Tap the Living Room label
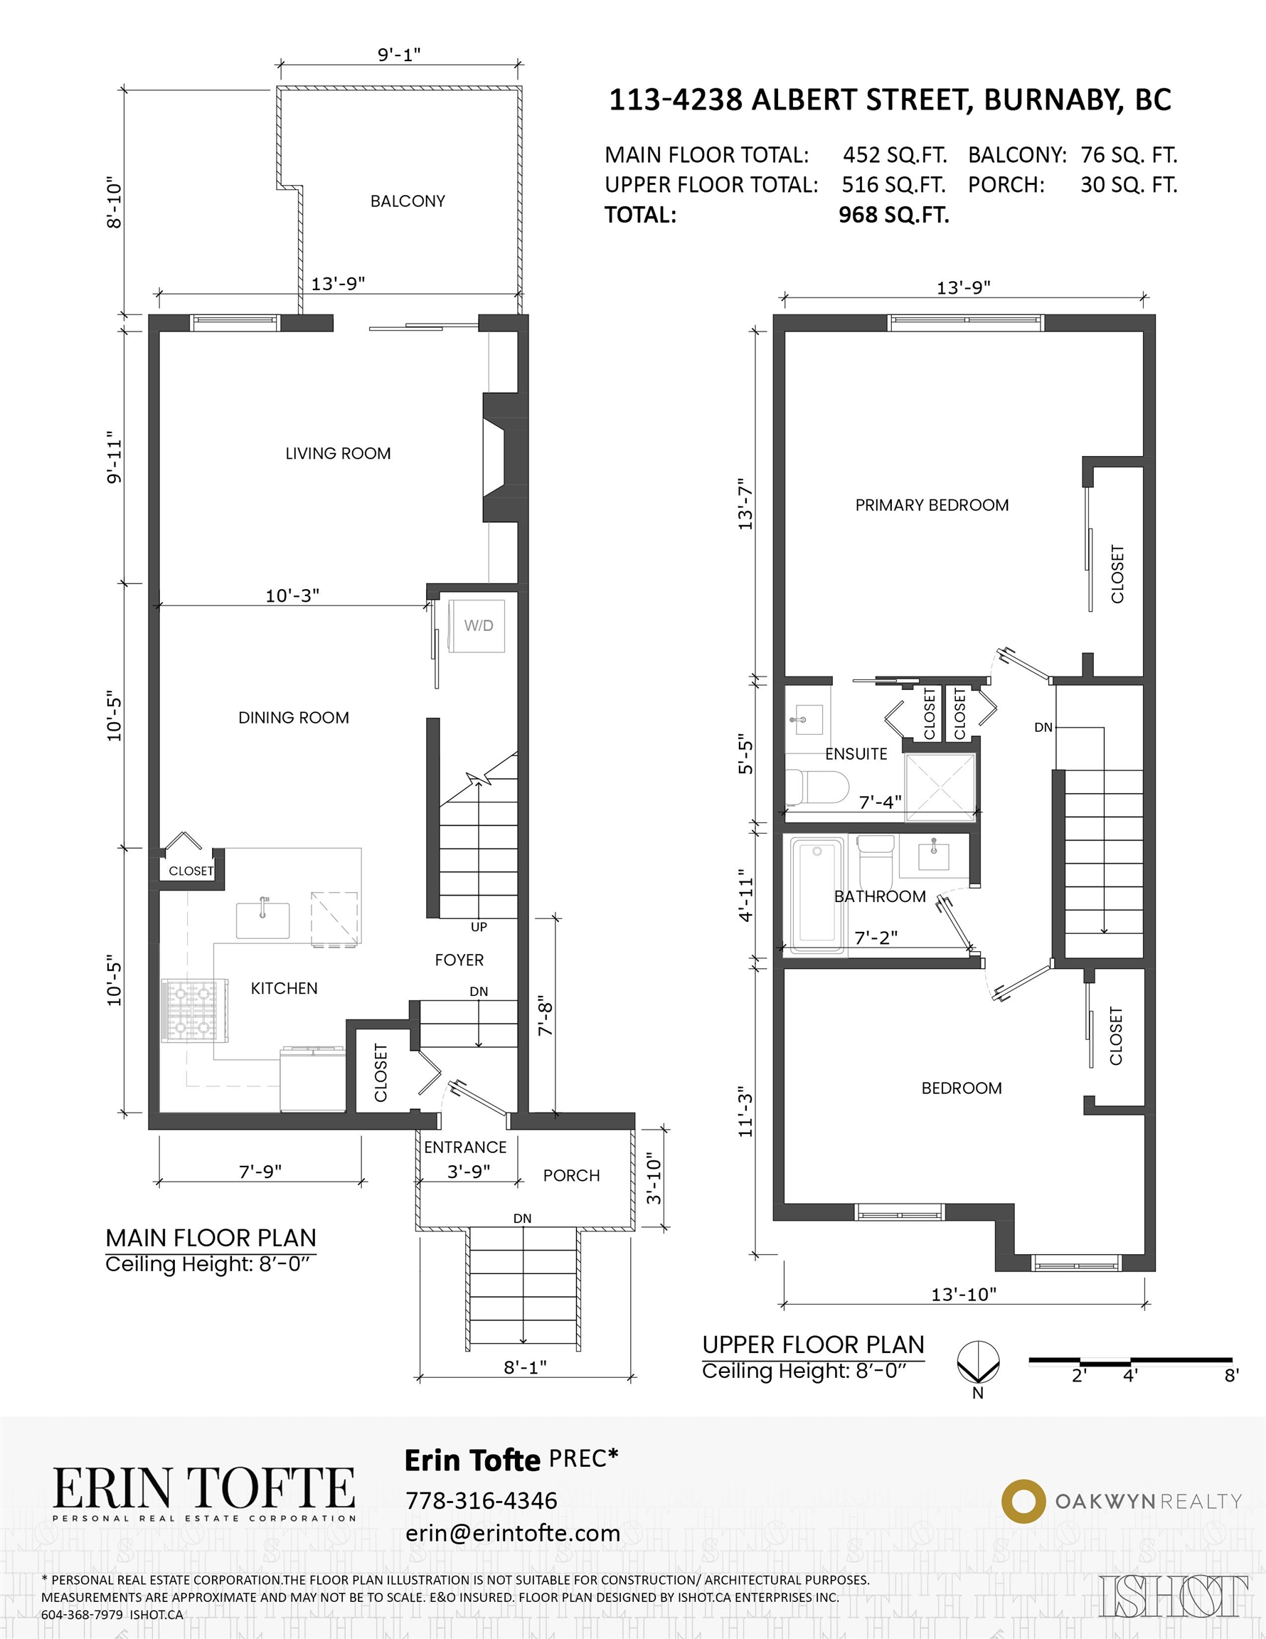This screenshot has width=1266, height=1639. (338, 453)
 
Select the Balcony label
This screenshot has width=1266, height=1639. (408, 201)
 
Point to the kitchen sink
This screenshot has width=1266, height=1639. (262, 920)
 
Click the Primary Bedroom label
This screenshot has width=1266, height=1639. (932, 505)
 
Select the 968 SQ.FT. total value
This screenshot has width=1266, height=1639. (894, 216)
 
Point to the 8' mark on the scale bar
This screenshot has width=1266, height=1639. (1230, 1376)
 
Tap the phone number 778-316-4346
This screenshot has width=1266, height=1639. (481, 1500)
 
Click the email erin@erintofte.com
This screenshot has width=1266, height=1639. (513, 1533)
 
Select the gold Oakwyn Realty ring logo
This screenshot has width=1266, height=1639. (1023, 1501)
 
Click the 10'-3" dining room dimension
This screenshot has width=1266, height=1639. (292, 595)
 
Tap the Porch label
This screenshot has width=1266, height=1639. (571, 1175)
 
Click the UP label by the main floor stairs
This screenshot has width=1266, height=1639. (479, 927)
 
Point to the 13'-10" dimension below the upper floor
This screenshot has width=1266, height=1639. (964, 1295)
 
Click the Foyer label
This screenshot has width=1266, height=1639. (459, 960)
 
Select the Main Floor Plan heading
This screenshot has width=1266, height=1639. (211, 1238)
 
